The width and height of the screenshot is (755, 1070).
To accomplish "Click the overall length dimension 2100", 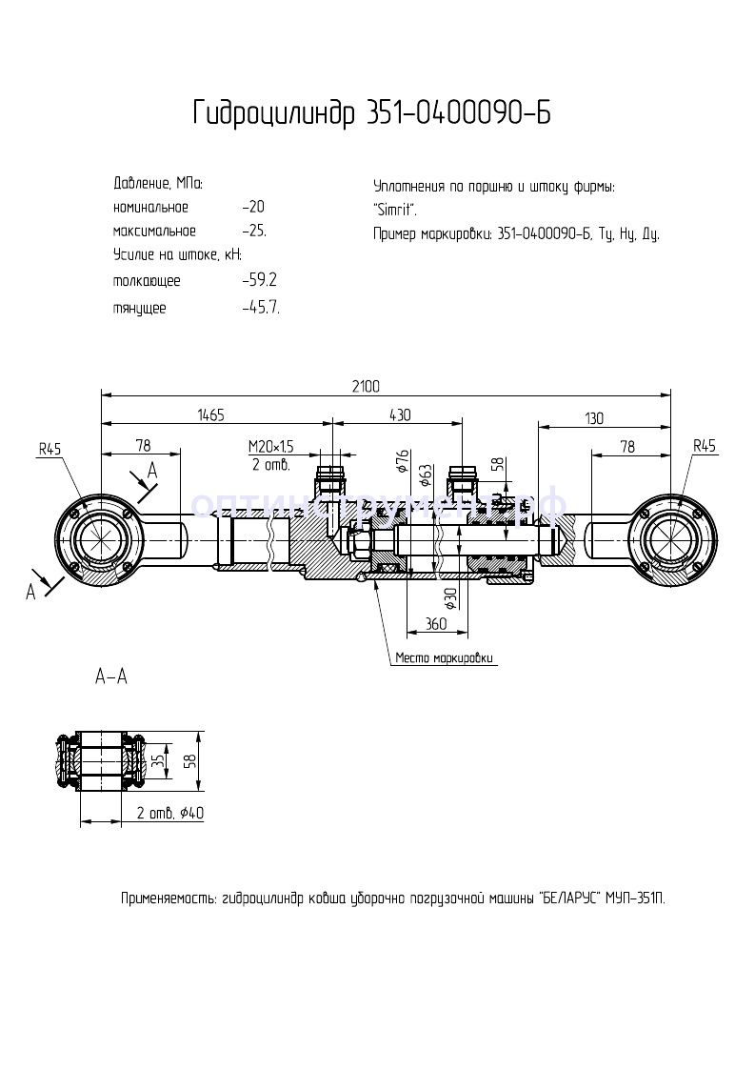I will (x=366, y=386).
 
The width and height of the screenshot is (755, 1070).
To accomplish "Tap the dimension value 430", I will (x=400, y=415).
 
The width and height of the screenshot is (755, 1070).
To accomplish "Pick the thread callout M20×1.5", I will (x=271, y=446).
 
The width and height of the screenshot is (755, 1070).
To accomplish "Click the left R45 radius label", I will (x=50, y=446).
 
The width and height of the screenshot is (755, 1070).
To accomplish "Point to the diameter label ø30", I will (x=449, y=597).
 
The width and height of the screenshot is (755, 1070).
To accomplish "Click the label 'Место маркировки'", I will (x=446, y=658).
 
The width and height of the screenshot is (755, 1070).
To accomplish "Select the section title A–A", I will (x=111, y=677).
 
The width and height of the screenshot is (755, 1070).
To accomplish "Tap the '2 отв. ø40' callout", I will (x=170, y=813).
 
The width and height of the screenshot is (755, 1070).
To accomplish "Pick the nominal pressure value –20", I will (x=253, y=207).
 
